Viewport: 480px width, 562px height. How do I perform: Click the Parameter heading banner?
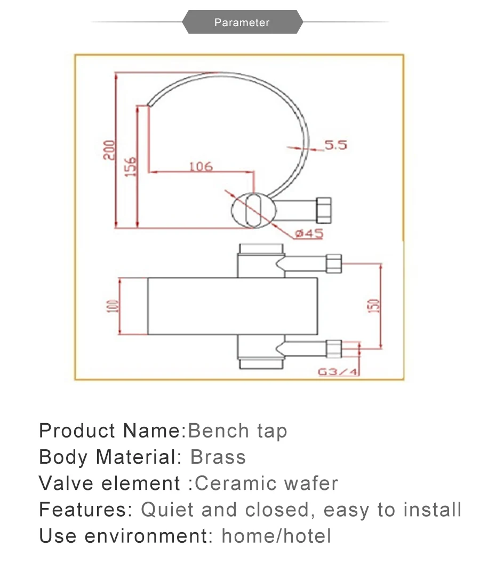point(242,22)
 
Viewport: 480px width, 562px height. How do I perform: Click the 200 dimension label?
point(109,150)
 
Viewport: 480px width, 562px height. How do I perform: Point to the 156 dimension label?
point(131,166)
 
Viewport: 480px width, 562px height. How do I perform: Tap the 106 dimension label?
point(201,166)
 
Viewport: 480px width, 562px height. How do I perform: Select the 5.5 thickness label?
point(336,145)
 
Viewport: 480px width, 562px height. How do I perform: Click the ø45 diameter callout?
point(309,233)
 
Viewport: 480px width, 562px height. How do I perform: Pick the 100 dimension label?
point(113,306)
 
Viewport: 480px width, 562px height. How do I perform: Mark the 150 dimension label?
point(374,306)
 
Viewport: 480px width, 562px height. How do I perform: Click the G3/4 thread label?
point(338,372)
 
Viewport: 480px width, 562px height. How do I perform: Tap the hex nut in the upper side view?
point(324,210)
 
